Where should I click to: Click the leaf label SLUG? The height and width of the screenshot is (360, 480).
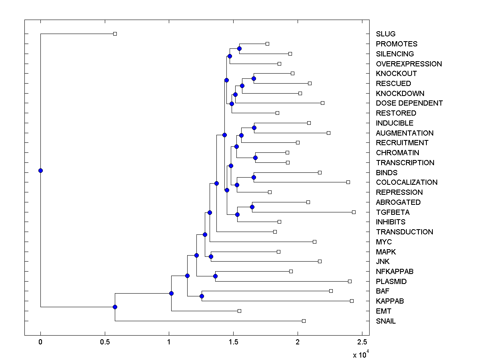tap(386, 34)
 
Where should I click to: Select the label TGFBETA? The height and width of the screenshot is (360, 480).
tap(393, 212)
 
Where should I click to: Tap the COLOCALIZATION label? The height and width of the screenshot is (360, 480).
tap(407, 182)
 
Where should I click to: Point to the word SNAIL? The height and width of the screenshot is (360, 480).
tap(386, 321)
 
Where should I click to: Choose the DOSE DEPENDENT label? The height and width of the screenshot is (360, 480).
tap(409, 103)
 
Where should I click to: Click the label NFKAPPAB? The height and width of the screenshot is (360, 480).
tap(395, 272)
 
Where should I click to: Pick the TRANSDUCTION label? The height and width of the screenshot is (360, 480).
tap(404, 232)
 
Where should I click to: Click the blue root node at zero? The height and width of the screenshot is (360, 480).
tap(40, 170)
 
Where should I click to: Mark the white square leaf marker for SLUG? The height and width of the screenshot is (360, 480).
tap(115, 34)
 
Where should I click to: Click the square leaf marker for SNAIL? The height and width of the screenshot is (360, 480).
tap(304, 321)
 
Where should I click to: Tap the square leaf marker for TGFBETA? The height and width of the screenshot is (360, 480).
tap(354, 212)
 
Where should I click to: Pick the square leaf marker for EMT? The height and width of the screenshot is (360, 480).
tap(239, 311)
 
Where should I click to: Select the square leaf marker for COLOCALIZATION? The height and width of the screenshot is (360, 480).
tap(348, 182)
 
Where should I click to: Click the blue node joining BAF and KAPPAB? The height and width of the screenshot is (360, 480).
tap(202, 296)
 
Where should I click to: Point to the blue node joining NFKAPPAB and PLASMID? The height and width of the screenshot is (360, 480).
tap(215, 276)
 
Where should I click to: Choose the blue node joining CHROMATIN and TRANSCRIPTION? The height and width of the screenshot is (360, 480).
tap(255, 158)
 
